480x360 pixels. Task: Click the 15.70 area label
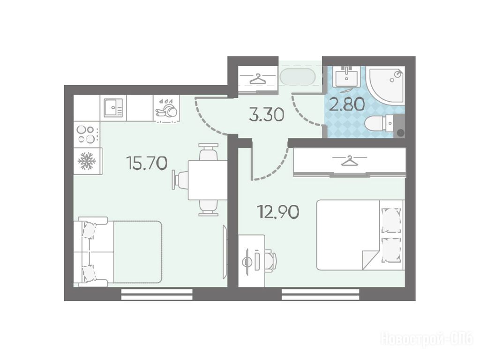pos(147,163)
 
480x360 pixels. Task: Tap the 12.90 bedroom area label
pos(278,211)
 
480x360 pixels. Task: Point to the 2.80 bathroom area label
pos(347,104)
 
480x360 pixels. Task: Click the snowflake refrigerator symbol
pos(87,161)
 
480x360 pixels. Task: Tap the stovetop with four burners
pos(87,134)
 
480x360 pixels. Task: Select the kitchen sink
pos(113,108)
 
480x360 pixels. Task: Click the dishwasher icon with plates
pos(166,108)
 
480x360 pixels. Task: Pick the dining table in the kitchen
pos(208,180)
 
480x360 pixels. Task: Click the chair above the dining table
pos(209,151)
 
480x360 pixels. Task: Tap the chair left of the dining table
pos(180,180)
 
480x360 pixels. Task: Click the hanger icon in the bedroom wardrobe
pos(350,160)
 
